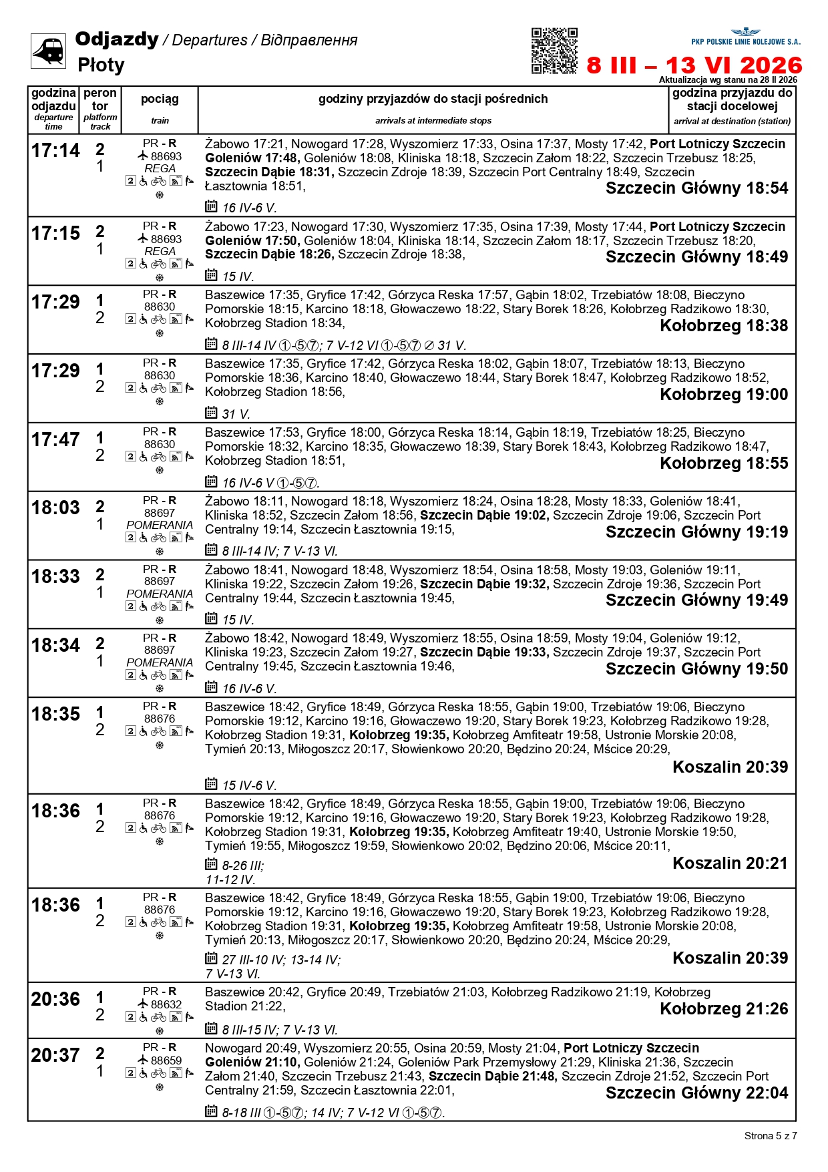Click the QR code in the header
pyautogui.click(x=554, y=51)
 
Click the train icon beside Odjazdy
pyautogui.click(x=48, y=51)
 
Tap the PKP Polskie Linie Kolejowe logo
pyautogui.click(x=745, y=37)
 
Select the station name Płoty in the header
pyautogui.click(x=101, y=65)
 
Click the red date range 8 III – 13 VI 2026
pyautogui.click(x=694, y=65)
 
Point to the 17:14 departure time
pyautogui.click(x=55, y=151)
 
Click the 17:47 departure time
pyautogui.click(x=55, y=440)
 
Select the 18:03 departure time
pyautogui.click(x=55, y=508)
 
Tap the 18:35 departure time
pyautogui.click(x=55, y=715)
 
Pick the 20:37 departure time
pyautogui.click(x=55, y=1056)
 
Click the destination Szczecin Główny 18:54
pyautogui.click(x=696, y=188)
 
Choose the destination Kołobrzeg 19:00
pyautogui.click(x=724, y=395)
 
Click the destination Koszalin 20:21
pyautogui.click(x=730, y=863)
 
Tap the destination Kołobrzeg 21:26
pyautogui.click(x=724, y=1009)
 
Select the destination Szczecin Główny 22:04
pyautogui.click(x=696, y=1093)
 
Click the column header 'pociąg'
pyautogui.click(x=160, y=100)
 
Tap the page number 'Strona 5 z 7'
pyautogui.click(x=770, y=1136)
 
